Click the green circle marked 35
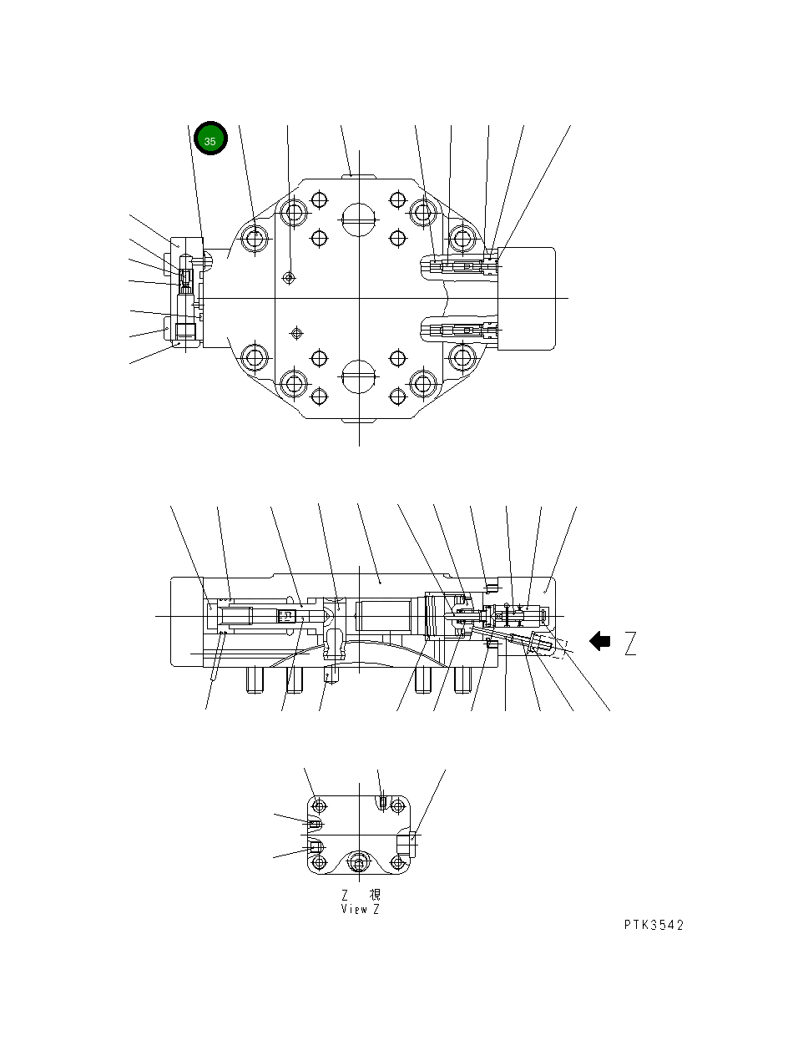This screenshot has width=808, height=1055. tap(210, 141)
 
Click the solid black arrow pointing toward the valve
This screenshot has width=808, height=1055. tap(599, 641)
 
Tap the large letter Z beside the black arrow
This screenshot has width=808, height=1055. tap(630, 644)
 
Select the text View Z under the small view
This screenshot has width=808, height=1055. tap(360, 909)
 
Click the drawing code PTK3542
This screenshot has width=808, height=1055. tap(654, 925)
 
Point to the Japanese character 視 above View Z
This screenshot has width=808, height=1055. tap(374, 895)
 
